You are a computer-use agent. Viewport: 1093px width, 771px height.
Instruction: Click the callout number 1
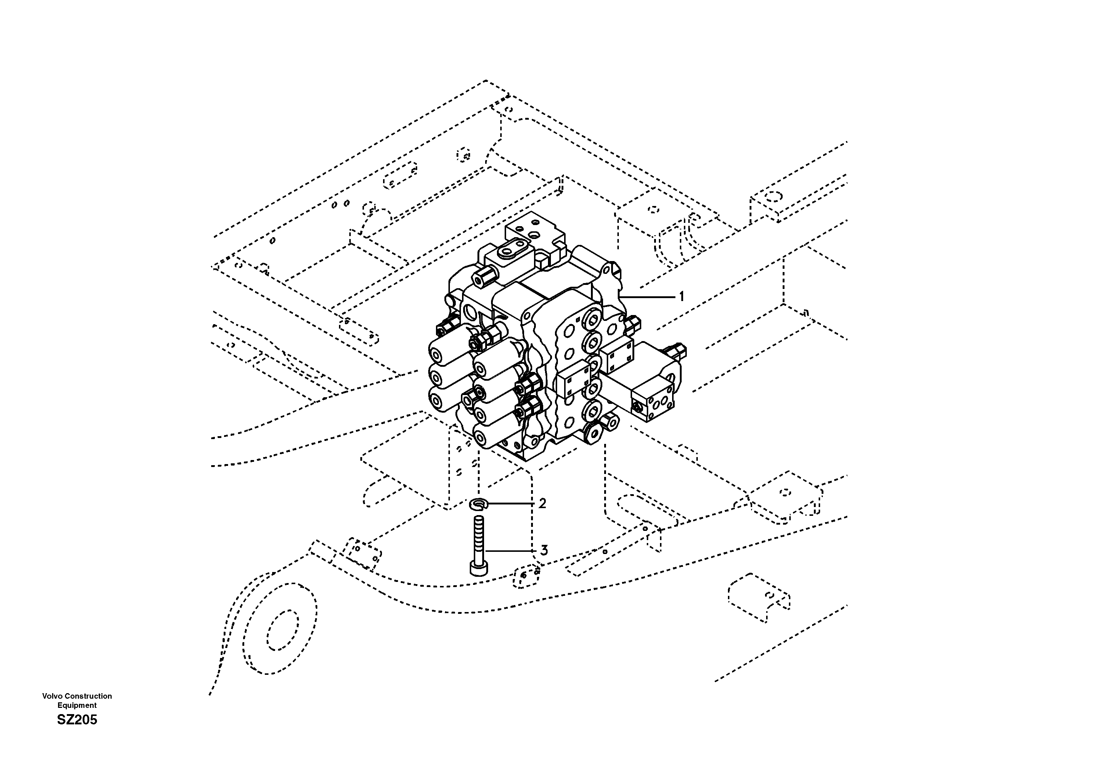coord(681,297)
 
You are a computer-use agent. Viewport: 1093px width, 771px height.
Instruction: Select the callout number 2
coord(542,503)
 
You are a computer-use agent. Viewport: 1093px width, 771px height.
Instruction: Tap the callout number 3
coord(544,551)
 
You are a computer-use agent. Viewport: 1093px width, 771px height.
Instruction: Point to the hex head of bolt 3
coord(479,568)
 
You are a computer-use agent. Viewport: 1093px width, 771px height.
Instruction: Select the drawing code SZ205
coord(77,720)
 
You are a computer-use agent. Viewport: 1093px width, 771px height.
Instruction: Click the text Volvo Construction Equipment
coord(77,701)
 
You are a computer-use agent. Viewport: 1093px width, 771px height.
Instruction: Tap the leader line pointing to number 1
coord(647,297)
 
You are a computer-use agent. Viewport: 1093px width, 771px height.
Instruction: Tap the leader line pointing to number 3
coord(512,551)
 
